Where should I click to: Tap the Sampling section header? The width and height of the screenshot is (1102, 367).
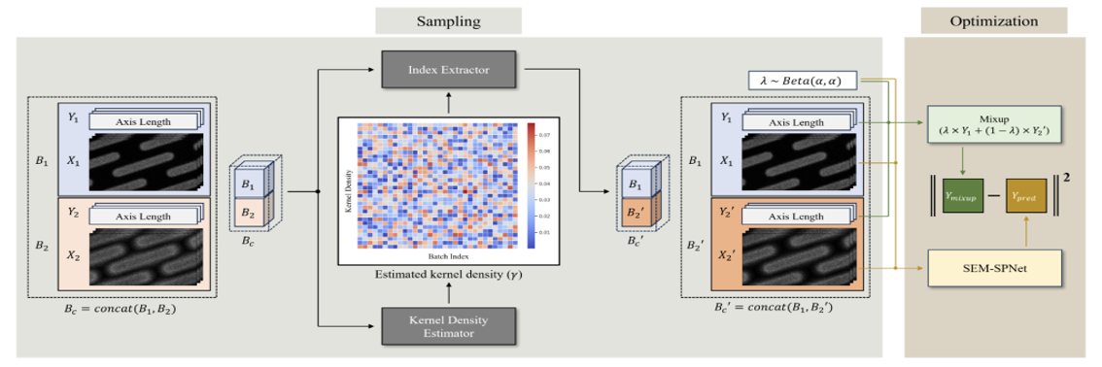click(x=449, y=19)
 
